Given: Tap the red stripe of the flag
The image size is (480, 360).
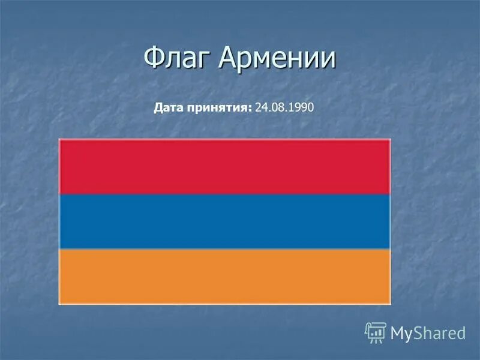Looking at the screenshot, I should click(x=224, y=166).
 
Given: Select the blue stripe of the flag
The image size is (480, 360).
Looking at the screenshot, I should click(x=224, y=221).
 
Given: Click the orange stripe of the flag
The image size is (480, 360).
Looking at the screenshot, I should click(x=224, y=276).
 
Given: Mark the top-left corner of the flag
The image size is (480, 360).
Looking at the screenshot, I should click(x=59, y=140).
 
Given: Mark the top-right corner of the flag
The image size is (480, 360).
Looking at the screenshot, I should click(x=390, y=140).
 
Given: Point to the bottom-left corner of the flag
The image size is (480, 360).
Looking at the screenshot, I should click(x=59, y=304).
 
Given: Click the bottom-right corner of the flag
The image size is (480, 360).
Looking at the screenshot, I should click(x=390, y=304).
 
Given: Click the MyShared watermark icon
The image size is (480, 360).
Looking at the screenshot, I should click(x=376, y=332).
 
